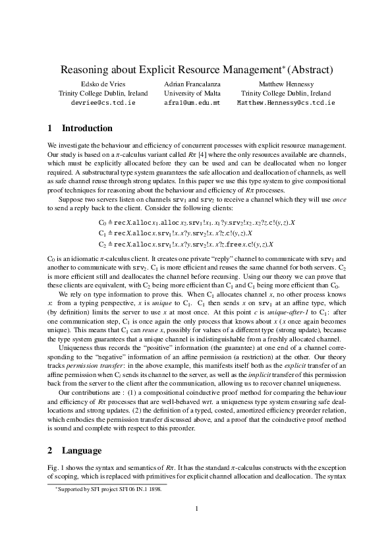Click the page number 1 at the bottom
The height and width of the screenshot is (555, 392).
[x=196, y=525]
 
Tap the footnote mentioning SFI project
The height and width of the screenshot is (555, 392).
[x=108, y=490]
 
